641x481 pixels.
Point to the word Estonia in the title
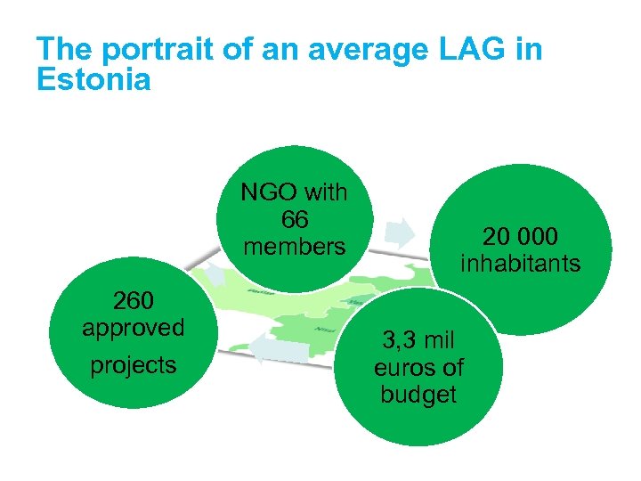point(93,80)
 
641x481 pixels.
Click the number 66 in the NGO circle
point(294,219)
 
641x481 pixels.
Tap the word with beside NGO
point(325,193)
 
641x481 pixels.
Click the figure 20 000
point(520,237)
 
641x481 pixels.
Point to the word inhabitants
point(520,264)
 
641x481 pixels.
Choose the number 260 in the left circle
point(134,299)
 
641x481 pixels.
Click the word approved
point(134,327)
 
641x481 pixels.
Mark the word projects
point(134,365)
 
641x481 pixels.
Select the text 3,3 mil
point(418,340)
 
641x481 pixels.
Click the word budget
point(418,395)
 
